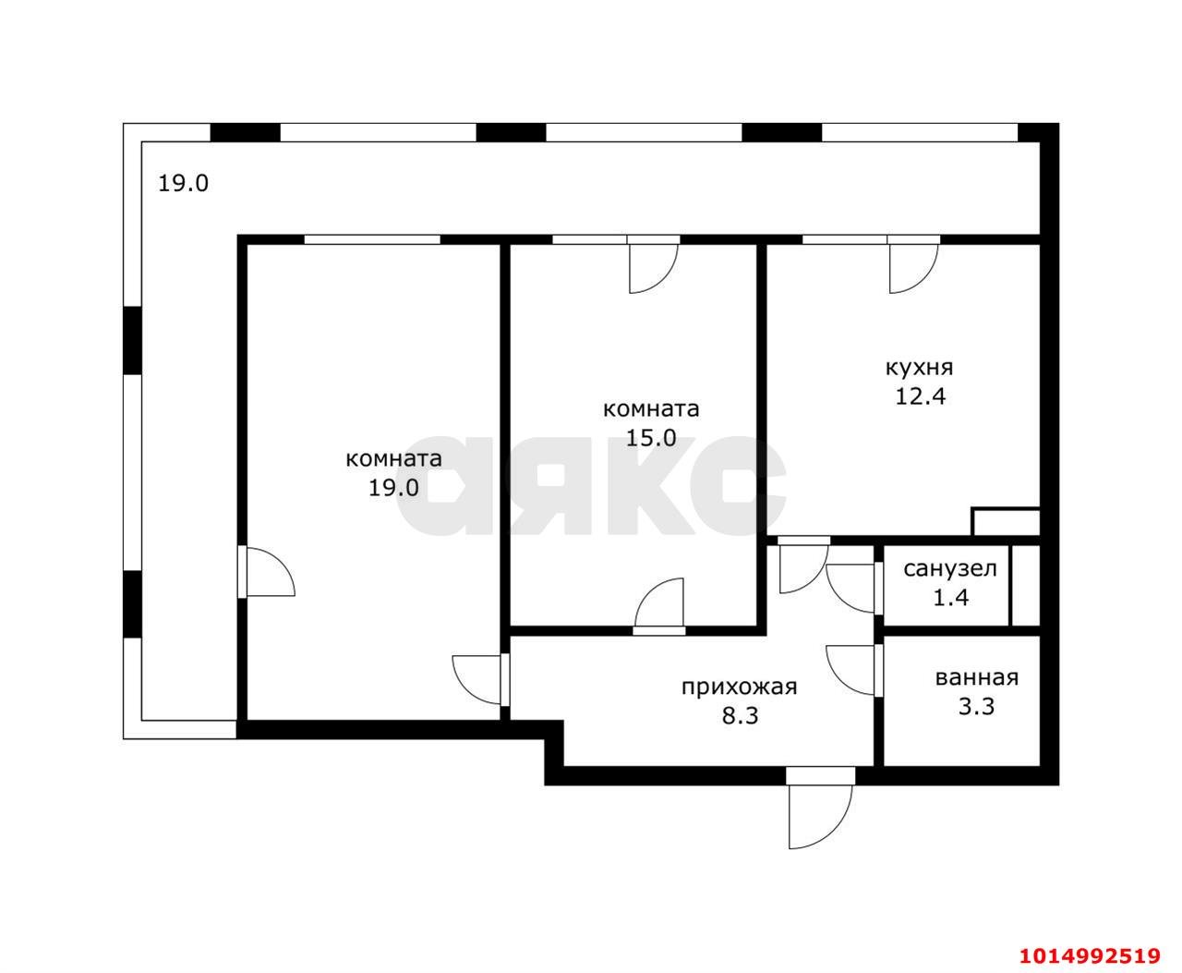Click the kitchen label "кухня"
919,369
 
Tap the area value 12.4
921,396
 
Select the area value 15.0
651,437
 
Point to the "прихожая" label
740,687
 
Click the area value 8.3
740,716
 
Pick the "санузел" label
950,569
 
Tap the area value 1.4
951,598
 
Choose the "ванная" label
977,678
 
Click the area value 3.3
976,707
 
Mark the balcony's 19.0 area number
183,183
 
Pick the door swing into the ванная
850,670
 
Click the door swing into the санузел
850,589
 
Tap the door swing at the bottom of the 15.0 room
659,602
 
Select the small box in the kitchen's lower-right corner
1006,521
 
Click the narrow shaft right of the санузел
1025,585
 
